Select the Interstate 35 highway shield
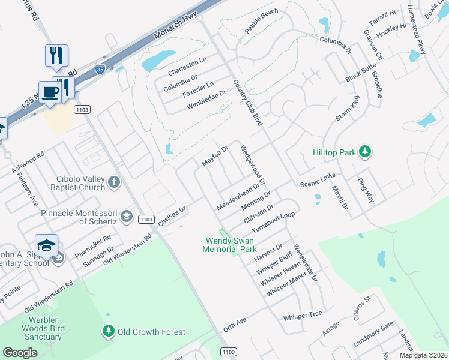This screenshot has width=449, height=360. [x=100, y=70]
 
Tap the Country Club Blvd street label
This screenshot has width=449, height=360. [x=248, y=103]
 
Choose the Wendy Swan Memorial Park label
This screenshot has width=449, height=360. [x=231, y=245]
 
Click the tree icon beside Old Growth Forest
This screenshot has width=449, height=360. [x=108, y=332]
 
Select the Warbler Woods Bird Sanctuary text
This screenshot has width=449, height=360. [x=42, y=328]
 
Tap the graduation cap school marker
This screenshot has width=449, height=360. [x=46, y=245]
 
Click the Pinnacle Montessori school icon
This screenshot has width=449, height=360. [x=126, y=216]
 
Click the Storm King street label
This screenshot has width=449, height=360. [x=347, y=111]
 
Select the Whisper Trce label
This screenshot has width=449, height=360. [x=303, y=315]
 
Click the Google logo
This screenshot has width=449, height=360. [x=20, y=353]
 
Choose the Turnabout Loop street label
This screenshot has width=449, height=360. [x=274, y=223]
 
